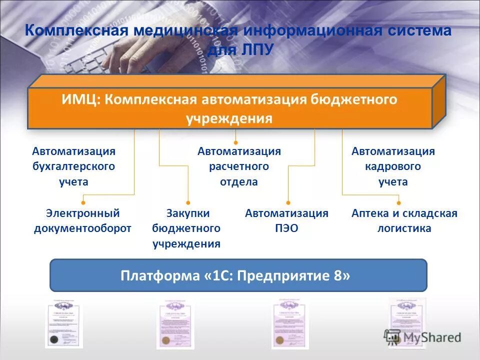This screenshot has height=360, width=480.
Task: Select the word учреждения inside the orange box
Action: (229, 118)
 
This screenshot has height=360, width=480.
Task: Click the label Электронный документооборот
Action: (83, 221)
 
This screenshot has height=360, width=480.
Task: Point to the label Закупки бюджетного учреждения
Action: (186, 228)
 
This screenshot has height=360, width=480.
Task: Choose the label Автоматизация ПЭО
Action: (286, 221)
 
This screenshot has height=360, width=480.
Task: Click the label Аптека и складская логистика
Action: (404, 221)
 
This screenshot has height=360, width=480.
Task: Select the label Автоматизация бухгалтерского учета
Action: (73, 166)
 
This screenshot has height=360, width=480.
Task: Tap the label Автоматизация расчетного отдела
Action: (239, 166)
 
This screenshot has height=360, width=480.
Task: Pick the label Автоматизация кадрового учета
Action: (393, 166)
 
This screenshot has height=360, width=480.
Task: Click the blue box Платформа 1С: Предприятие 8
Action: (238, 275)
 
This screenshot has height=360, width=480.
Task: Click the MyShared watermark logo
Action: (422, 336)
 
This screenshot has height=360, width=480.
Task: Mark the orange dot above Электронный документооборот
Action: (83, 202)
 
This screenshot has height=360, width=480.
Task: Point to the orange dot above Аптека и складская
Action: (398, 202)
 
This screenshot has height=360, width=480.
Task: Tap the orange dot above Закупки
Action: (188, 202)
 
